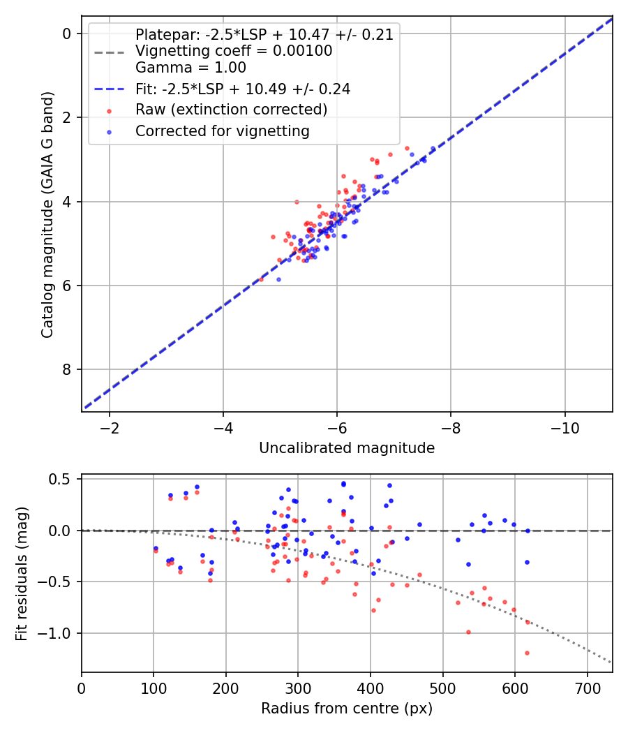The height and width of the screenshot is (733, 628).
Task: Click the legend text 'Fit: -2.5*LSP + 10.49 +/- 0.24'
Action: pyautogui.click(x=243, y=89)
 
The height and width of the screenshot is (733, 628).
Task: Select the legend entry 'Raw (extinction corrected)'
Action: pyautogui.click(x=231, y=110)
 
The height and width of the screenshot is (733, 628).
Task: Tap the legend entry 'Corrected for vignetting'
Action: pyautogui.click(x=223, y=131)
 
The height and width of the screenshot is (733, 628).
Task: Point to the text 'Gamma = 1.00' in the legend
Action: pyautogui.click(x=190, y=68)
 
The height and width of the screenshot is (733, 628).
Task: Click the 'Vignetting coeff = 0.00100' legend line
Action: pyautogui.click(x=234, y=51)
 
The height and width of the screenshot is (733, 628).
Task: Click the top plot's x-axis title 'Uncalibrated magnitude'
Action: pyautogui.click(x=347, y=448)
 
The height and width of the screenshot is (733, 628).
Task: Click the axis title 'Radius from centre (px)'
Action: pyautogui.click(x=347, y=709)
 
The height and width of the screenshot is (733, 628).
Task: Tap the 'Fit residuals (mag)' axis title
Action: pyautogui.click(x=22, y=573)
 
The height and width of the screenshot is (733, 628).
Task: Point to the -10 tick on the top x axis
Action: pyautogui.click(x=565, y=427)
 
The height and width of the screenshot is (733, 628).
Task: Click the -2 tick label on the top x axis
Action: pyautogui.click(x=110, y=427)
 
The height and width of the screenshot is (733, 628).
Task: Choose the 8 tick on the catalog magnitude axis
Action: pyautogui.click(x=68, y=369)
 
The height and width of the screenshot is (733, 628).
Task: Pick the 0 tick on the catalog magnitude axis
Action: pyautogui.click(x=68, y=34)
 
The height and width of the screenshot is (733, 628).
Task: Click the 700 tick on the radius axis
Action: pyautogui.click(x=587, y=688)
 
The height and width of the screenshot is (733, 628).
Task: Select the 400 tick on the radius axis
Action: pyautogui.click(x=371, y=688)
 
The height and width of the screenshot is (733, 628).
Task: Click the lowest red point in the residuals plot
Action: pyautogui.click(x=527, y=653)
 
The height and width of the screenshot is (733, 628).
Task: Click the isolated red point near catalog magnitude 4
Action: pyautogui.click(x=297, y=202)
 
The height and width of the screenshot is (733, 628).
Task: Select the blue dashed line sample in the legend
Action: pyautogui.click(x=109, y=89)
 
